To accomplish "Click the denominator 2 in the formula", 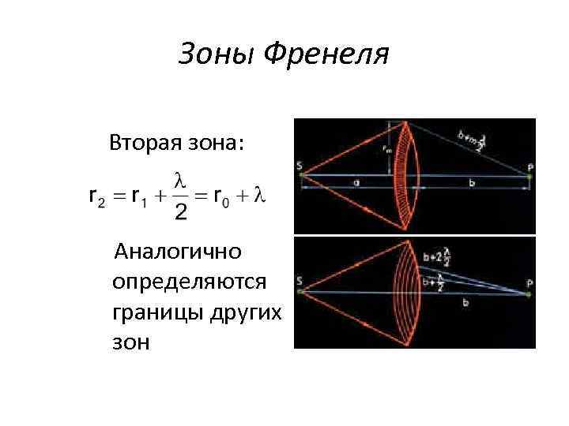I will pyautogui.click(x=180, y=211).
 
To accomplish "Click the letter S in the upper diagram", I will pyautogui.click(x=300, y=165).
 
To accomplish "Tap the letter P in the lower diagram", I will pyautogui.click(x=530, y=282).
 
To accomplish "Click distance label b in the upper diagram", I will pyautogui.click(x=472, y=183).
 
